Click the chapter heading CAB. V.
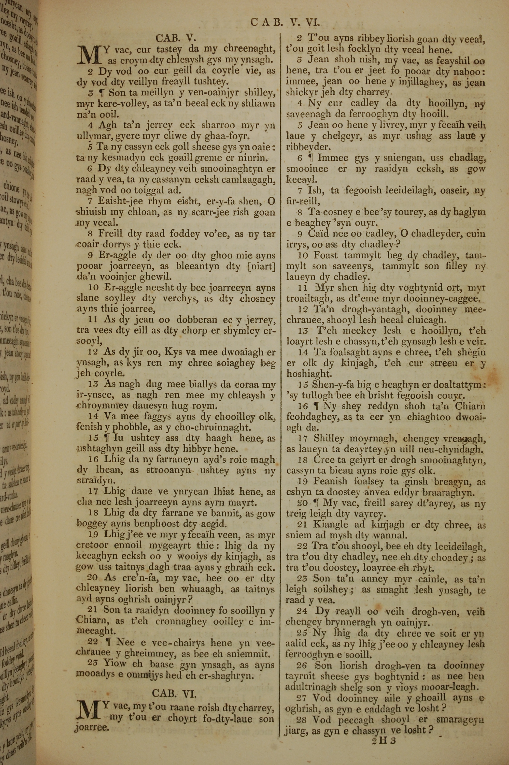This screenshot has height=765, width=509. (176, 38)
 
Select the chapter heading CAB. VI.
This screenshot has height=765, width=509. (174, 693)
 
